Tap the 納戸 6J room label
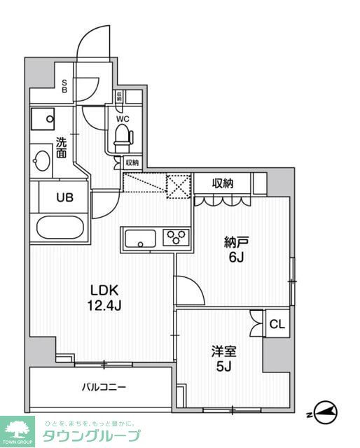[x=236, y=248]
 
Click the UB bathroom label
[x=64, y=197]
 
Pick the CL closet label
[x=277, y=323]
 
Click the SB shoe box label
[x=64, y=86]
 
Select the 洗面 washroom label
[x=62, y=146]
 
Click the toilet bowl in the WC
[x=124, y=136]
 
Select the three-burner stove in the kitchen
[x=176, y=237]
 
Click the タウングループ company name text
[x=91, y=436]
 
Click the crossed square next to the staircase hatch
[x=178, y=185]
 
